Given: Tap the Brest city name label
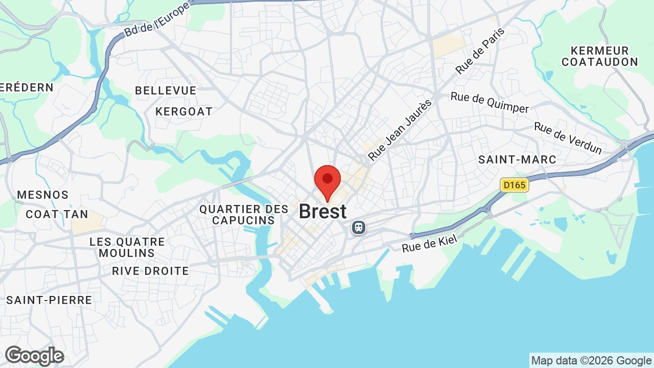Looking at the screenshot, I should tap(322, 212).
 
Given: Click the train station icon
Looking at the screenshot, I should tap(359, 227).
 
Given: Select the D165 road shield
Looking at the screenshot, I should tap(514, 185).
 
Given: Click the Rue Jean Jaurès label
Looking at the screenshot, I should tap(400, 130).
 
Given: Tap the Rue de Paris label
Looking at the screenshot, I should tap(480, 51).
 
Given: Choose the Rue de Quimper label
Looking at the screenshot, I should tap(489, 103).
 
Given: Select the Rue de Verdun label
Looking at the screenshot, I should tap(568, 137).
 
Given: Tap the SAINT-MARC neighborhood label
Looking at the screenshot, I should tap(517, 159).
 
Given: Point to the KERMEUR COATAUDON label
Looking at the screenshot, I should tap(600, 56).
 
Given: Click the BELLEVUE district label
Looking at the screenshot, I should tap(166, 90).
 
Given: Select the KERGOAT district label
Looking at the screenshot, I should tap(184, 111).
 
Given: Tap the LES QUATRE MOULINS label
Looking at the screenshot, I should tap(127, 247).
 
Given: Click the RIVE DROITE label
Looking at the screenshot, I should tap(150, 271).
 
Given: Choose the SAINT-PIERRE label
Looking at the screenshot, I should tap(49, 300).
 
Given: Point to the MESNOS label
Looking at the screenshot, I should tap(43, 195).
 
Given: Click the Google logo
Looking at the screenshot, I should tap(34, 356).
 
